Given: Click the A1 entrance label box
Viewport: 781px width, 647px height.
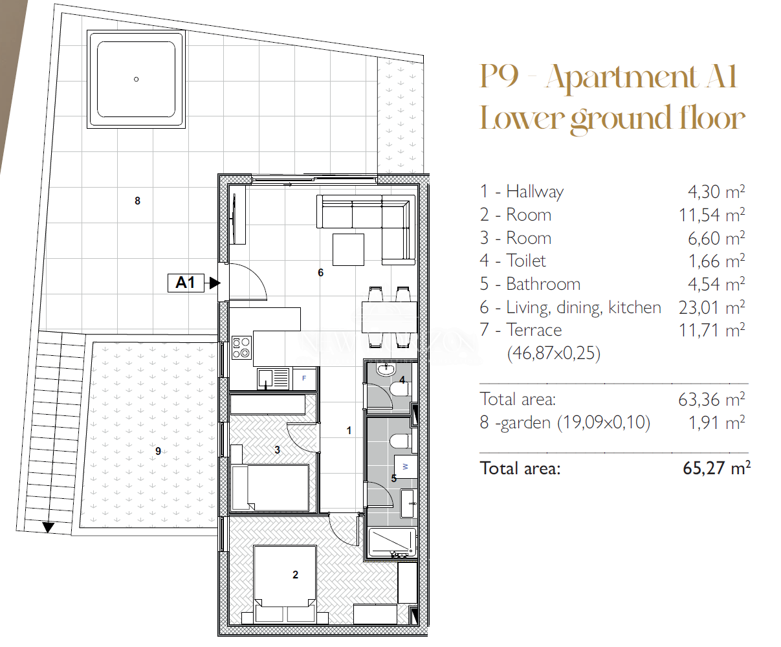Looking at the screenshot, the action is (186, 283).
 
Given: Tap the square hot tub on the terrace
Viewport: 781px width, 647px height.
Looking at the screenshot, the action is (136, 80).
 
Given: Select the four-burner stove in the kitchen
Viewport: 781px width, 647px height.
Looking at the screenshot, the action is (241, 348).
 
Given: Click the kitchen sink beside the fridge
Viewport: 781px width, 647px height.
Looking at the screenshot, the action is (272, 378).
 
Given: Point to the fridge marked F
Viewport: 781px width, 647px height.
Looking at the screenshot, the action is (304, 378).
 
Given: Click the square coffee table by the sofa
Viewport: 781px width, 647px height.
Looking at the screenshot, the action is (348, 250).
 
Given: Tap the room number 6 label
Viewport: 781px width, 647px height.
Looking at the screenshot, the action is (320, 272).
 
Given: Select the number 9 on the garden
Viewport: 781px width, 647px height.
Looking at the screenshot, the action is (159, 452).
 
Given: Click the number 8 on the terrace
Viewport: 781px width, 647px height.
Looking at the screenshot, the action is (137, 201).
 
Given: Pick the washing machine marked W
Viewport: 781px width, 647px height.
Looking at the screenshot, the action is (406, 466).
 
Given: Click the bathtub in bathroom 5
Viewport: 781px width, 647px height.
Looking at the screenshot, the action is (392, 543).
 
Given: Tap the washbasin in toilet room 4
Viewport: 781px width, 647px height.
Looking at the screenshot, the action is (386, 370).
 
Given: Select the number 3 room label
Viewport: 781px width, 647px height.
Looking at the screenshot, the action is (277, 450).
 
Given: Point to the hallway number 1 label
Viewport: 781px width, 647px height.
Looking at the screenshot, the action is (349, 431).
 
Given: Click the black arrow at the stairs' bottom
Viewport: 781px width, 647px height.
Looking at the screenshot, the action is (49, 527).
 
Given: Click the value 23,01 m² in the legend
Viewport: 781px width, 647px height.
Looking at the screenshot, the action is (712, 307).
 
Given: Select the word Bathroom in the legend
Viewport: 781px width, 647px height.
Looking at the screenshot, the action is (543, 284).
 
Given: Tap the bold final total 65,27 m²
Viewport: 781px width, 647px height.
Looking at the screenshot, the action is (716, 468).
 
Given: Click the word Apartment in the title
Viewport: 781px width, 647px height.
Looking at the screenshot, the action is (621, 78).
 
